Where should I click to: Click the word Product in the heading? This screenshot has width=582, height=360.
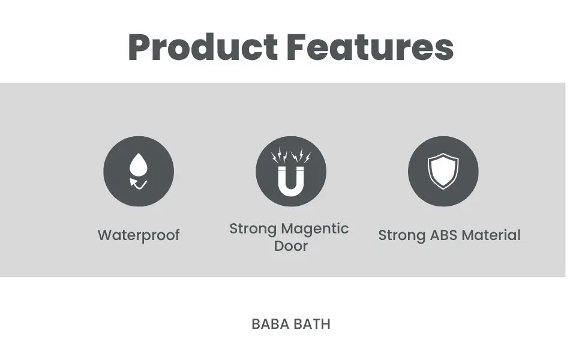pyautogui.click(x=203, y=47)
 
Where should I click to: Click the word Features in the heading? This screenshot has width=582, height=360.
pyautogui.click(x=370, y=47)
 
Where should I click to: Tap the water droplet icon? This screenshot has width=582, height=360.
pyautogui.click(x=139, y=164)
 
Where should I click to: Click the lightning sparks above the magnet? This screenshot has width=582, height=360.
pyautogui.click(x=291, y=156)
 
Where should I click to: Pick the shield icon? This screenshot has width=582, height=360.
pyautogui.click(x=443, y=171)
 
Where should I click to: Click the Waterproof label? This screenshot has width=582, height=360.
pyautogui.click(x=139, y=235)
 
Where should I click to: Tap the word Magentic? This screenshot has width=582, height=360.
pyautogui.click(x=315, y=229)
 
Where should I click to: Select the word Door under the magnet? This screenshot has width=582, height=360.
pyautogui.click(x=291, y=246)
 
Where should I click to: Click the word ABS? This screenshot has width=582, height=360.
pyautogui.click(x=443, y=235)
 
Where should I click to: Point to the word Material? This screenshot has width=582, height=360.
pyautogui.click(x=491, y=235)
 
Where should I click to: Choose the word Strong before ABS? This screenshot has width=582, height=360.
pyautogui.click(x=402, y=236)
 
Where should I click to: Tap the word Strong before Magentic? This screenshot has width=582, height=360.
pyautogui.click(x=253, y=229)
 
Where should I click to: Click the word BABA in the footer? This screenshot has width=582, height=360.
pyautogui.click(x=270, y=325)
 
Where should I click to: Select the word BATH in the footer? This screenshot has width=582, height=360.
pyautogui.click(x=312, y=325)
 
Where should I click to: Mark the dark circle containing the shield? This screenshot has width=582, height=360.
pyautogui.click(x=443, y=171)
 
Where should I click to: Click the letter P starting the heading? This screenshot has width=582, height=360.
pyautogui.click(x=139, y=47)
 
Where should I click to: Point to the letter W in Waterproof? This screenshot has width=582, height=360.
pyautogui.click(x=106, y=235)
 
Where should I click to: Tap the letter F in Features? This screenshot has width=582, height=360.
pyautogui.click(x=296, y=47)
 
